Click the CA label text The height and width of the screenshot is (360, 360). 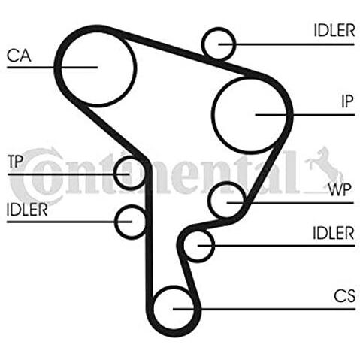tap(19, 56)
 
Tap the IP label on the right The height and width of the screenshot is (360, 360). tap(347, 101)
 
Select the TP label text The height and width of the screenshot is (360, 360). tap(15, 162)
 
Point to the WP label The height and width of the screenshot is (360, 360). tap(340, 189)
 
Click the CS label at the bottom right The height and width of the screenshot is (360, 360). tap(345, 295)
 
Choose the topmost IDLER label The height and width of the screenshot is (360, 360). tap(334, 30)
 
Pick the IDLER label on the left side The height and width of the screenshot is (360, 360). tap(27, 210)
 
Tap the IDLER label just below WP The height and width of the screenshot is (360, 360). tap(334, 233)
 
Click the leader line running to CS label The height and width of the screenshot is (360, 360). tap(265, 309)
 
